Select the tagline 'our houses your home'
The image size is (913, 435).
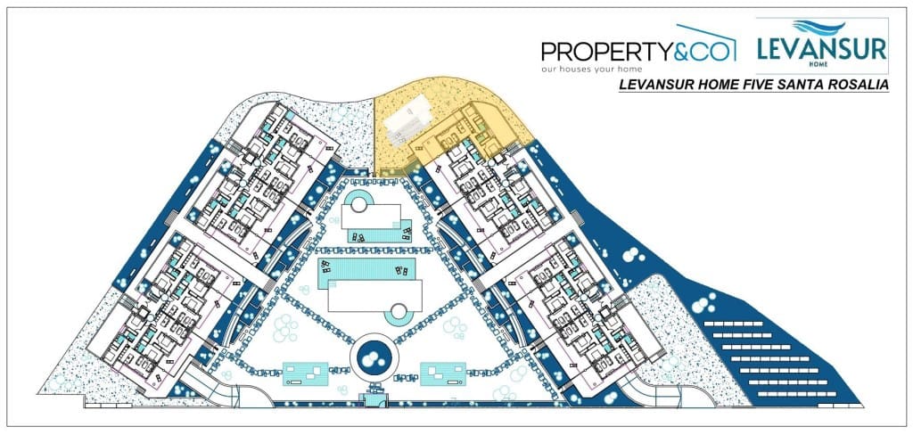[592, 69]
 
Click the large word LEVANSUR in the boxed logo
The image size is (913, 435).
[821, 49]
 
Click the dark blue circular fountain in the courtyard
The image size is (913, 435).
[374, 357]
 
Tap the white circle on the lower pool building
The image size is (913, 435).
[398, 312]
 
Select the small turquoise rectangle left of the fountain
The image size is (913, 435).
[305, 373]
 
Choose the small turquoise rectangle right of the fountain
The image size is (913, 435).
[442, 373]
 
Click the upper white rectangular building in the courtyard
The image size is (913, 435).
[371, 216]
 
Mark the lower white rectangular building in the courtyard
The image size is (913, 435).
[374, 297]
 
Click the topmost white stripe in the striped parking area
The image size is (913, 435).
[733, 324]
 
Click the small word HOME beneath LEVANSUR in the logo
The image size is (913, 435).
[821, 65]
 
